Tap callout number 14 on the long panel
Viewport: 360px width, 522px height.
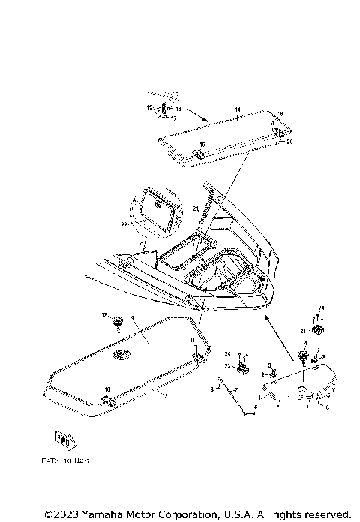tap(236, 110)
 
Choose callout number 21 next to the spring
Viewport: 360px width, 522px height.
tap(194, 208)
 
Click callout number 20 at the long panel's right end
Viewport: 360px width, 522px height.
tap(290, 141)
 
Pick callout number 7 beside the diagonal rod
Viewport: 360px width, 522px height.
tap(235, 391)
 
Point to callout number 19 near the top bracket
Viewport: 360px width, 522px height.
tap(148, 108)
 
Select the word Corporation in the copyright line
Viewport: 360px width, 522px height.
tap(190, 514)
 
